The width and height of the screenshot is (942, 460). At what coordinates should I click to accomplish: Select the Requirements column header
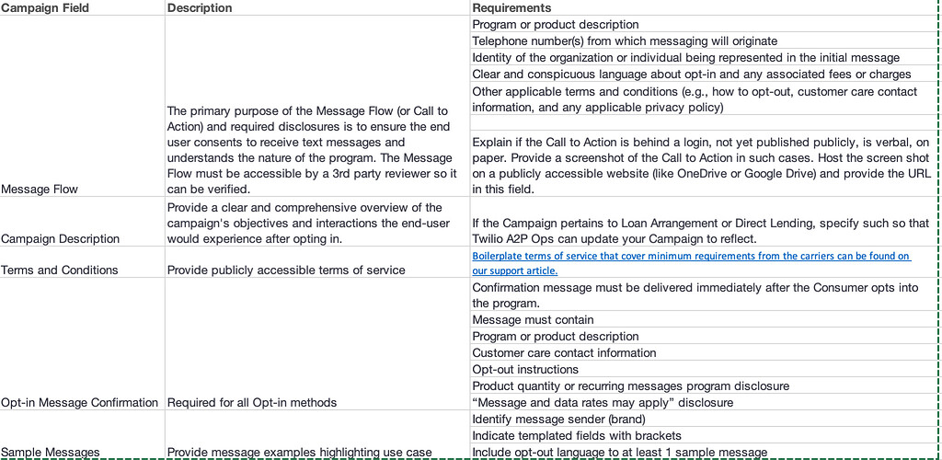click(511, 8)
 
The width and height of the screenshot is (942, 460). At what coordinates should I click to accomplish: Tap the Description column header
click(200, 8)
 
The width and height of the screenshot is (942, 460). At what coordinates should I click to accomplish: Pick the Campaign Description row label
click(61, 238)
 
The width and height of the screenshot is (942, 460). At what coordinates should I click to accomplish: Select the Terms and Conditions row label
click(60, 270)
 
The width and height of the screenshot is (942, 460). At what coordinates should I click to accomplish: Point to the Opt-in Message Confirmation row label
click(80, 402)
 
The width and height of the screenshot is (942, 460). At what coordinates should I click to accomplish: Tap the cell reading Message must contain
click(533, 319)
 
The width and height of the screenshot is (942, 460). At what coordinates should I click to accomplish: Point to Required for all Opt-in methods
click(252, 402)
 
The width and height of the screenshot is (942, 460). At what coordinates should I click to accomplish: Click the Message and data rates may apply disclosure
click(603, 402)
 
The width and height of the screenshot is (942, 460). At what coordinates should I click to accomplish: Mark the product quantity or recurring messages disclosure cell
click(630, 385)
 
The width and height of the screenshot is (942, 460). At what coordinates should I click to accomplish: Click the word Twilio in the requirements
click(489, 238)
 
